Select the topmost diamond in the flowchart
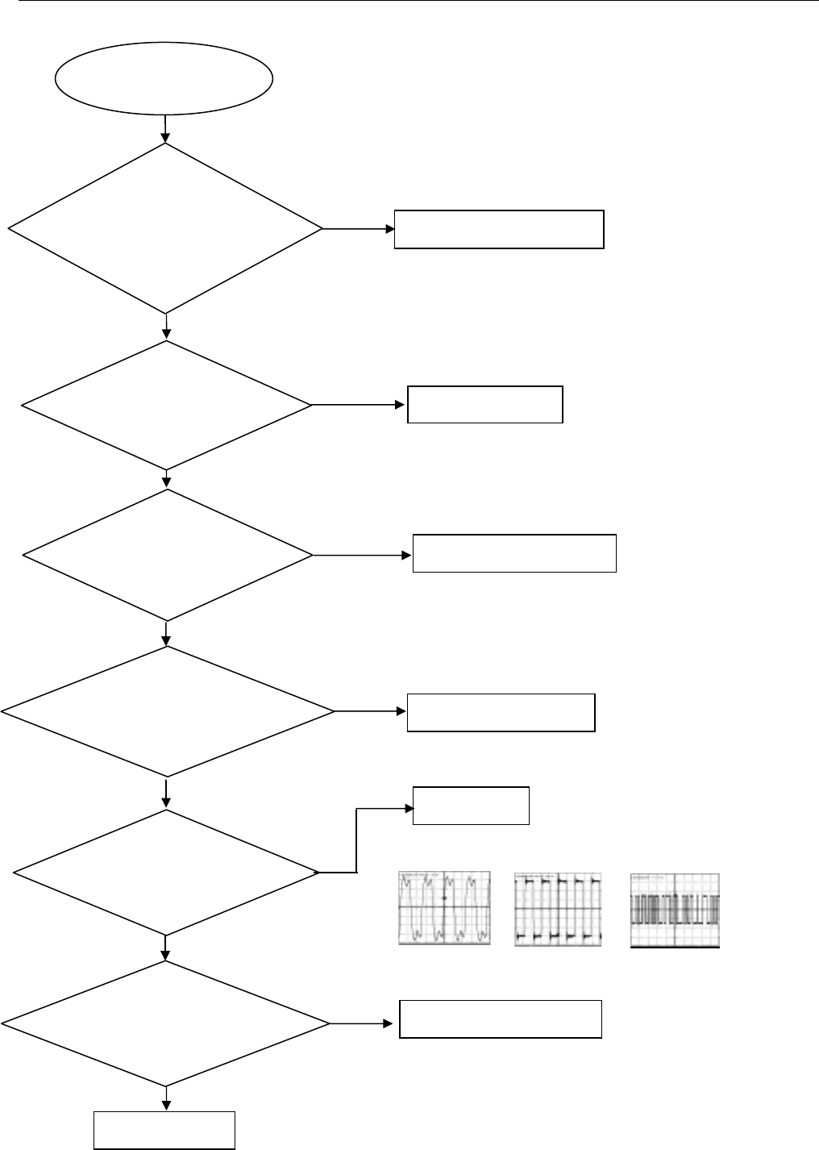(x=165, y=228)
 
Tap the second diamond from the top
(x=166, y=405)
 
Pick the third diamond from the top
(x=168, y=556)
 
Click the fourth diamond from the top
(x=167, y=711)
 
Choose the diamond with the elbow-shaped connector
(x=166, y=873)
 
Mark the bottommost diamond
(x=165, y=1024)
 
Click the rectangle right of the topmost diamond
(x=499, y=229)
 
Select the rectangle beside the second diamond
(x=484, y=405)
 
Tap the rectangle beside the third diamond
(x=514, y=553)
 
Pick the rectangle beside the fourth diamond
(x=501, y=712)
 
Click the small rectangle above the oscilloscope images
(x=471, y=806)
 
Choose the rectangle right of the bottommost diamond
(x=501, y=1019)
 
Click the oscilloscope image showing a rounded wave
(x=444, y=908)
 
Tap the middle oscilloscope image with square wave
(x=558, y=909)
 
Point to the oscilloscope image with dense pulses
(x=675, y=910)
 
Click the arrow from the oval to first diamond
(x=165, y=128)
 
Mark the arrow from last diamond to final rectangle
(x=166, y=1098)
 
